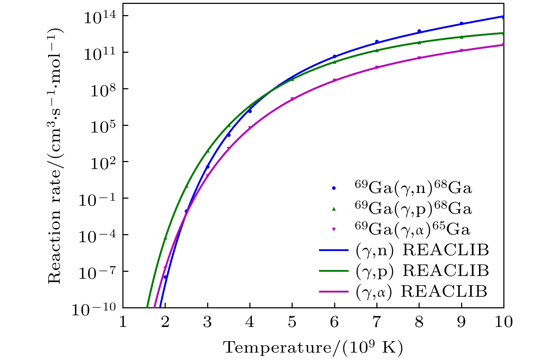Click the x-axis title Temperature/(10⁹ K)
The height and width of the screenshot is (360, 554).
(x=313, y=347)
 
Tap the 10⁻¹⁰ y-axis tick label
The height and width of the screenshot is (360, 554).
(x=94, y=308)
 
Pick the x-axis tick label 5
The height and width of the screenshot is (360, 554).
(x=292, y=322)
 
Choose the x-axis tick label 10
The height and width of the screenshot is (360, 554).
(x=503, y=322)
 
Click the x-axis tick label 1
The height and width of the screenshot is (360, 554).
(x=123, y=322)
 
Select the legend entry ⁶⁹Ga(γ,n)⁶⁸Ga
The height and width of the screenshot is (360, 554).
(x=413, y=188)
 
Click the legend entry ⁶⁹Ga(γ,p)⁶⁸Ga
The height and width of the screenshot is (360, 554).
(x=413, y=208)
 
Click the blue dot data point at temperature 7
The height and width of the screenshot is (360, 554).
(x=377, y=41)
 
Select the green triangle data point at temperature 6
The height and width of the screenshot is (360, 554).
(x=335, y=62)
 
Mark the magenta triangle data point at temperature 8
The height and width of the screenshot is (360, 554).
(x=419, y=58)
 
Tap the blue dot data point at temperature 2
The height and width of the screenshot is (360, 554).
(x=165, y=277)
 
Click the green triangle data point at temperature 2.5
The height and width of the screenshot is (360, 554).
(x=186, y=186)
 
